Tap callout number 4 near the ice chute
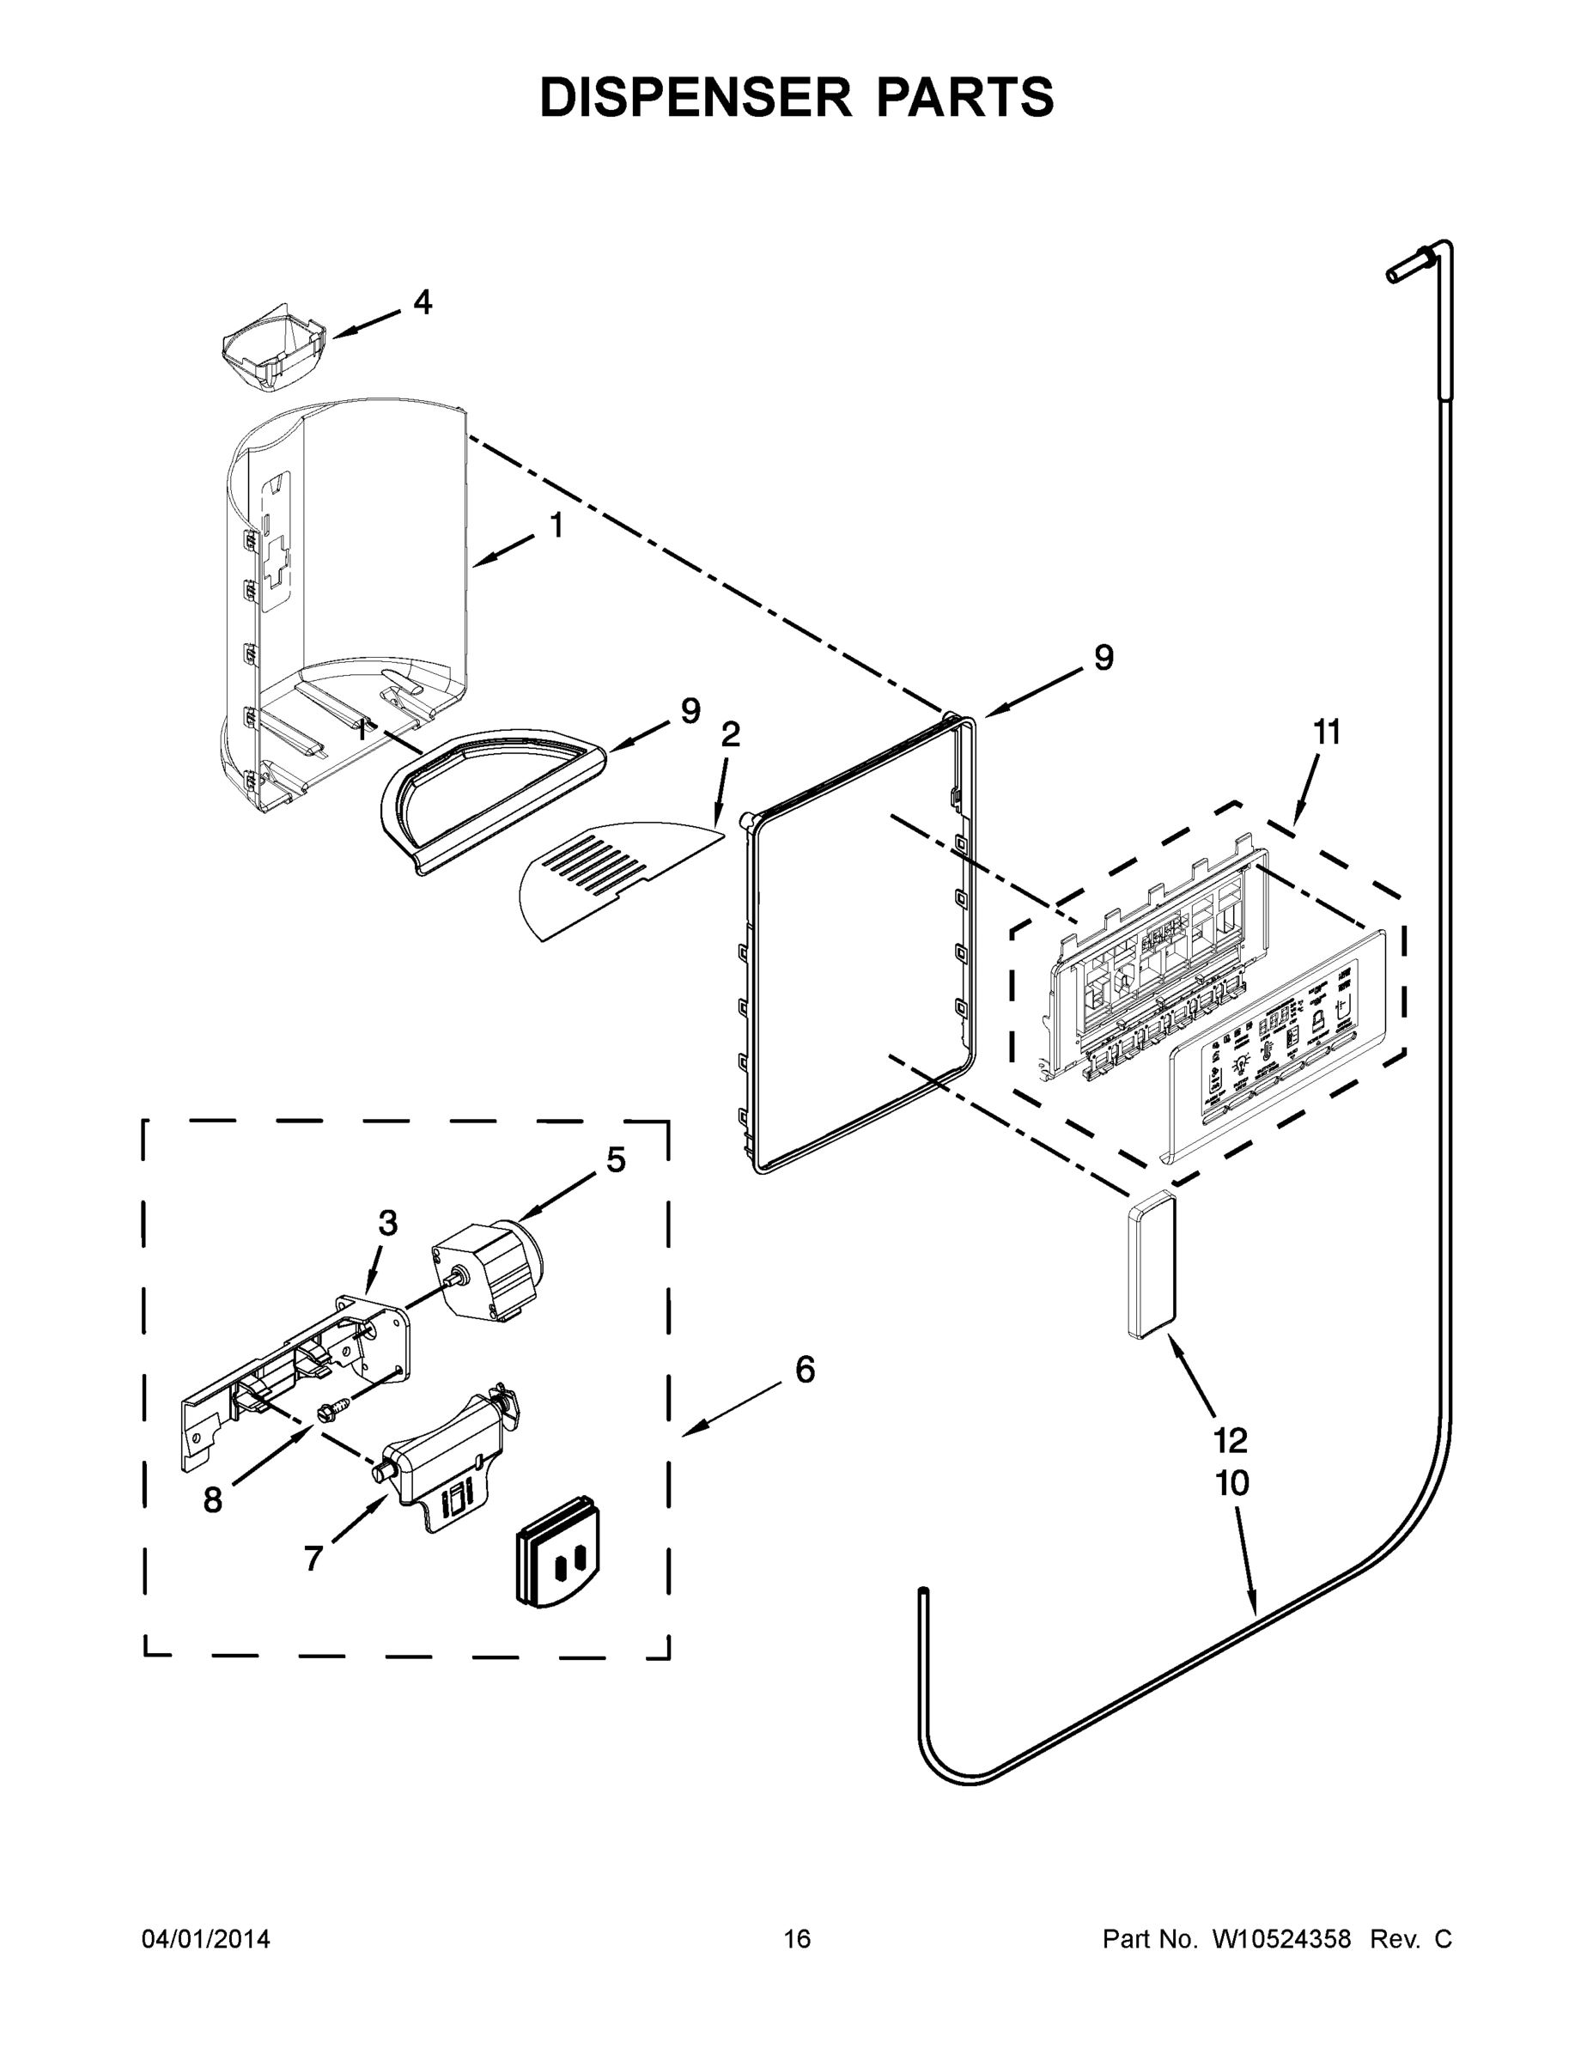point(422,302)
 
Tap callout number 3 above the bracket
point(387,1223)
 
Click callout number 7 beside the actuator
point(313,1558)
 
